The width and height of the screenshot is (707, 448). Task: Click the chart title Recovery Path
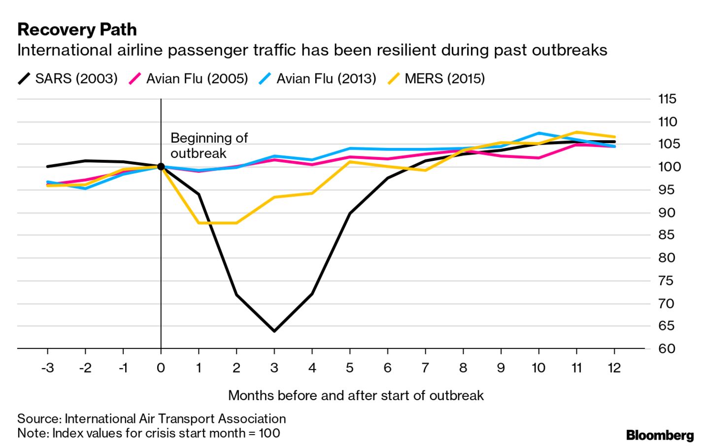click(x=77, y=30)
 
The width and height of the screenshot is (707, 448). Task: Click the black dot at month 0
click(x=161, y=167)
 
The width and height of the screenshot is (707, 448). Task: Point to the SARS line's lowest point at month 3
click(x=274, y=331)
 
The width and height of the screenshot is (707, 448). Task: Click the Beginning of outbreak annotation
click(x=209, y=145)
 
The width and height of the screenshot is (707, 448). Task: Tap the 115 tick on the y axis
click(x=667, y=99)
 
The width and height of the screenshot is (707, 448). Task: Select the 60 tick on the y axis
click(x=667, y=348)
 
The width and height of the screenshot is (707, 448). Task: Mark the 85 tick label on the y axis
click(x=667, y=235)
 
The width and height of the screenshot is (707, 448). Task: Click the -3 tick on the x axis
click(x=47, y=368)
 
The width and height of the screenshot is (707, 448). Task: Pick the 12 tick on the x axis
click(x=614, y=368)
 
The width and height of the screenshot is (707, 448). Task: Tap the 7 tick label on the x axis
click(x=425, y=368)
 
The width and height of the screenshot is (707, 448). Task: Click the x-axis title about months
click(x=356, y=395)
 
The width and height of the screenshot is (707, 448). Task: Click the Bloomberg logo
click(x=660, y=435)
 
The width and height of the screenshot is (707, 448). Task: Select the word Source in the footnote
click(x=38, y=418)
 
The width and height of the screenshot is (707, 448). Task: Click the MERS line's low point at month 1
click(x=199, y=223)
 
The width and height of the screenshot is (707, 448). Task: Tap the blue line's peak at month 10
click(x=539, y=133)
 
